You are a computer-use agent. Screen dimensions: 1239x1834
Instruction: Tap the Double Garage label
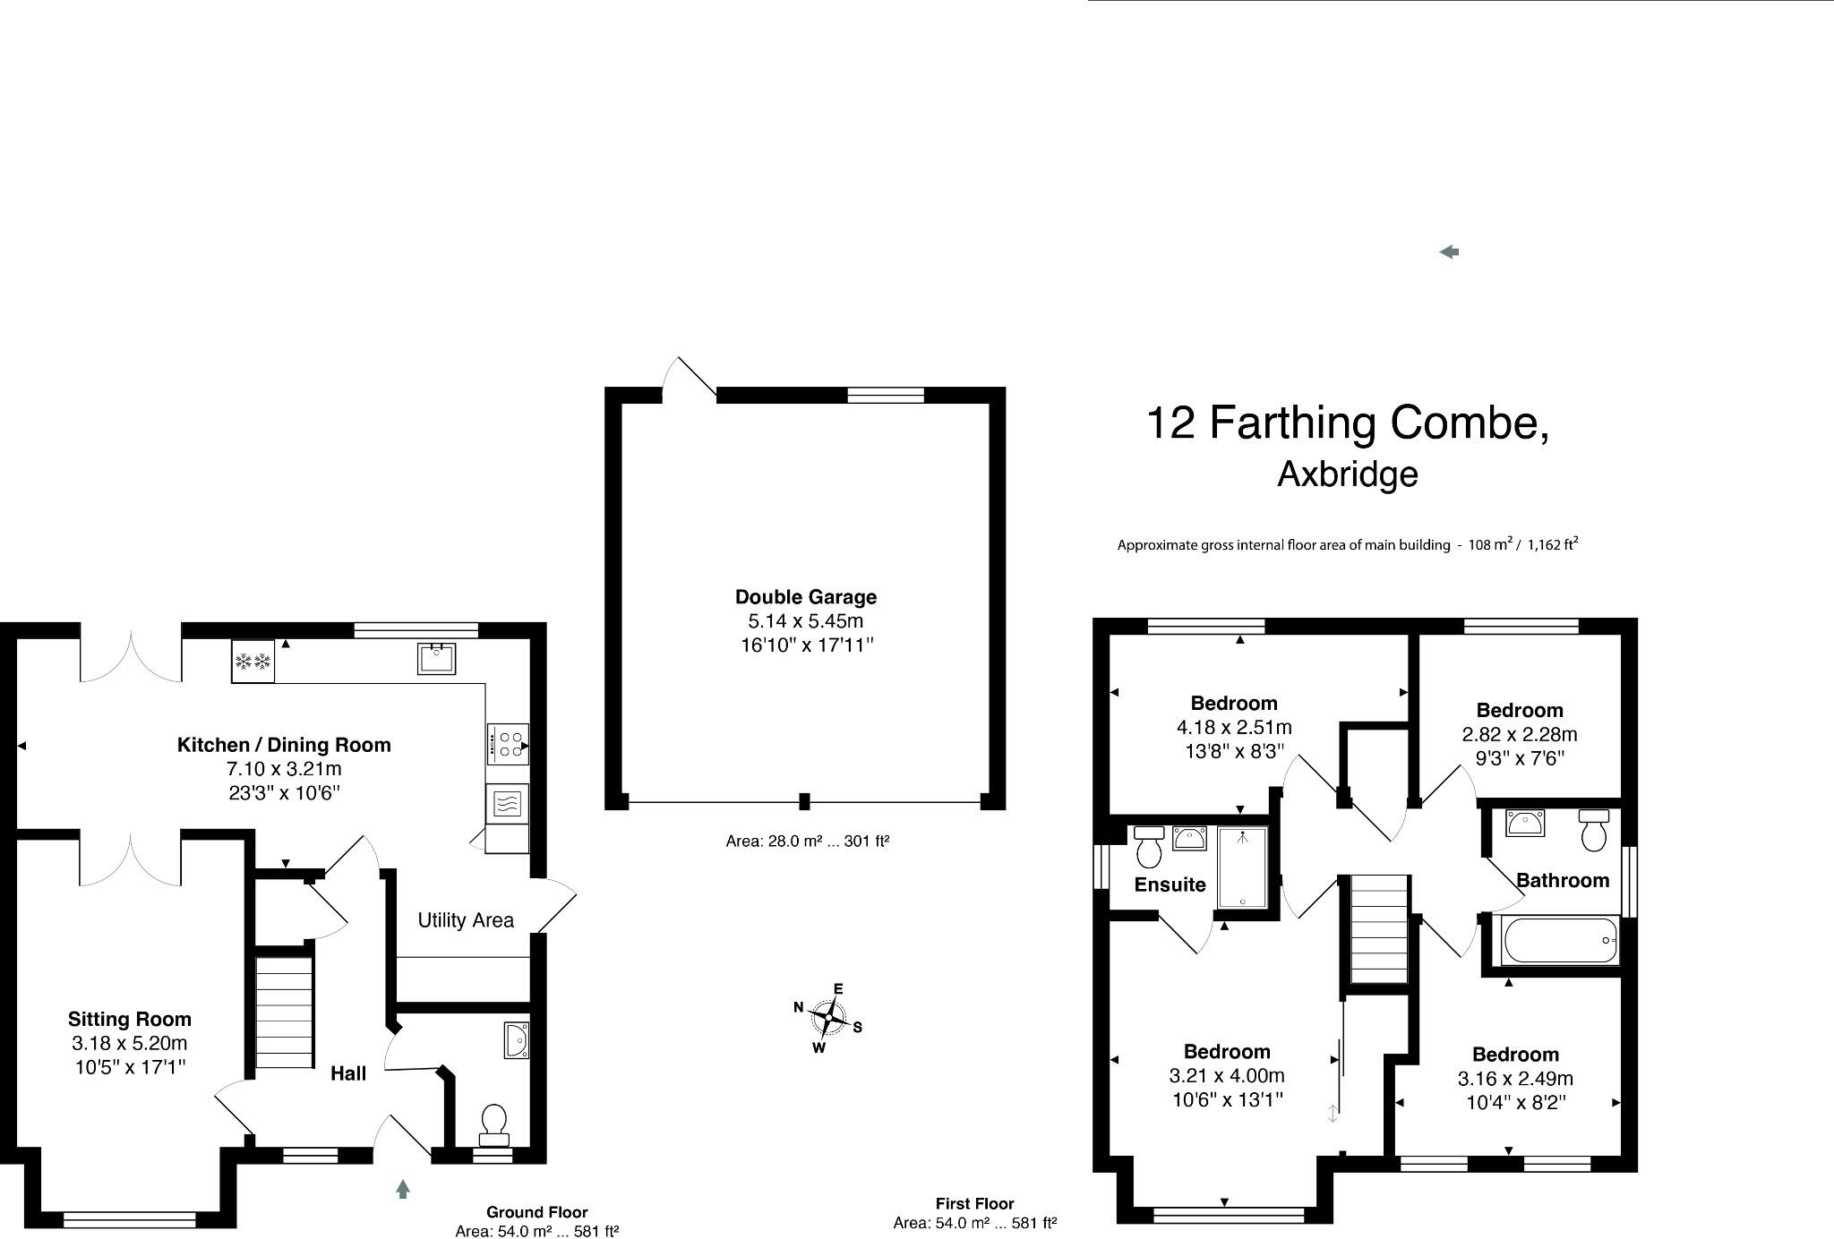point(806,597)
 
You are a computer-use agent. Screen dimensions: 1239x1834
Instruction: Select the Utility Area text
point(466,920)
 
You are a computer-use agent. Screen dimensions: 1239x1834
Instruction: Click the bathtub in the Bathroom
point(1560,941)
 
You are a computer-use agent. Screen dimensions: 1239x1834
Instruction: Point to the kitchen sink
point(436,659)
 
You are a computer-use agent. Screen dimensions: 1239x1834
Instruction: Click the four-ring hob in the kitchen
point(507,745)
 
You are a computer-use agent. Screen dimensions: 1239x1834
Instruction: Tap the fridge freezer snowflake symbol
point(253,662)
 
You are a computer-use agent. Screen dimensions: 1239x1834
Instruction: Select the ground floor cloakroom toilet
point(493,1124)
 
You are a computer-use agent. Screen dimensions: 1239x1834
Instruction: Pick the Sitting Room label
point(130,1019)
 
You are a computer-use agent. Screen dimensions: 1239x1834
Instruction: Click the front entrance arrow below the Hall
point(403,1190)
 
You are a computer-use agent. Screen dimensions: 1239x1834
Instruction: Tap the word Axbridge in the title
point(1347,474)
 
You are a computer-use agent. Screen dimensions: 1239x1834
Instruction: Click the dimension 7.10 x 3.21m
point(284,769)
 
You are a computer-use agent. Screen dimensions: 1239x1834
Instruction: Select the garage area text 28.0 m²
point(806,842)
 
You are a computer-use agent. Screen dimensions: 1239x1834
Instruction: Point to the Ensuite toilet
point(1147,846)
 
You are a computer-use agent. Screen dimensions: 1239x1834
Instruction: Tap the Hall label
point(348,1073)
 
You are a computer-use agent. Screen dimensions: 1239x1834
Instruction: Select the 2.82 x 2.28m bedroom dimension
point(1520,735)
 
